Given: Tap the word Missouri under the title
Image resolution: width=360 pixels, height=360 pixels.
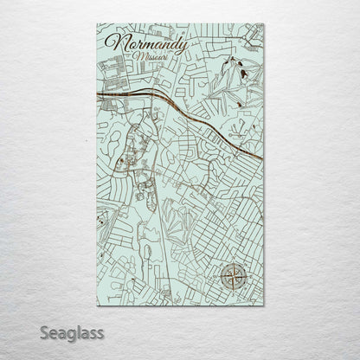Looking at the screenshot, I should coord(152,57).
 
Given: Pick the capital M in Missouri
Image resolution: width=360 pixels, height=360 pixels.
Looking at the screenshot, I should coord(138,57).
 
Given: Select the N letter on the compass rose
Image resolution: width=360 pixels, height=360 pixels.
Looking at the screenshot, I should coord(234,263).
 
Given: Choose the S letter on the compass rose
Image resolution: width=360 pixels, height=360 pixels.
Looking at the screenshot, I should coord(234,294).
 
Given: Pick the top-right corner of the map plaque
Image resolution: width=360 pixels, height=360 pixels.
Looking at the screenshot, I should coord(263,23).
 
